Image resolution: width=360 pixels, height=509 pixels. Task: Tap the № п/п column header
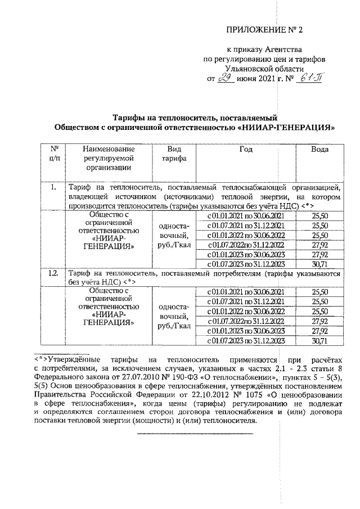tap(55, 154)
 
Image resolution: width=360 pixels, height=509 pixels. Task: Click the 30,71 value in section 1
tap(319, 264)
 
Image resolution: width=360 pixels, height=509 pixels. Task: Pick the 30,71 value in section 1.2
tap(319, 341)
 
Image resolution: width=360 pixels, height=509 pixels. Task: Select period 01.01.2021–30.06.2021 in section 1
tap(246, 216)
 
